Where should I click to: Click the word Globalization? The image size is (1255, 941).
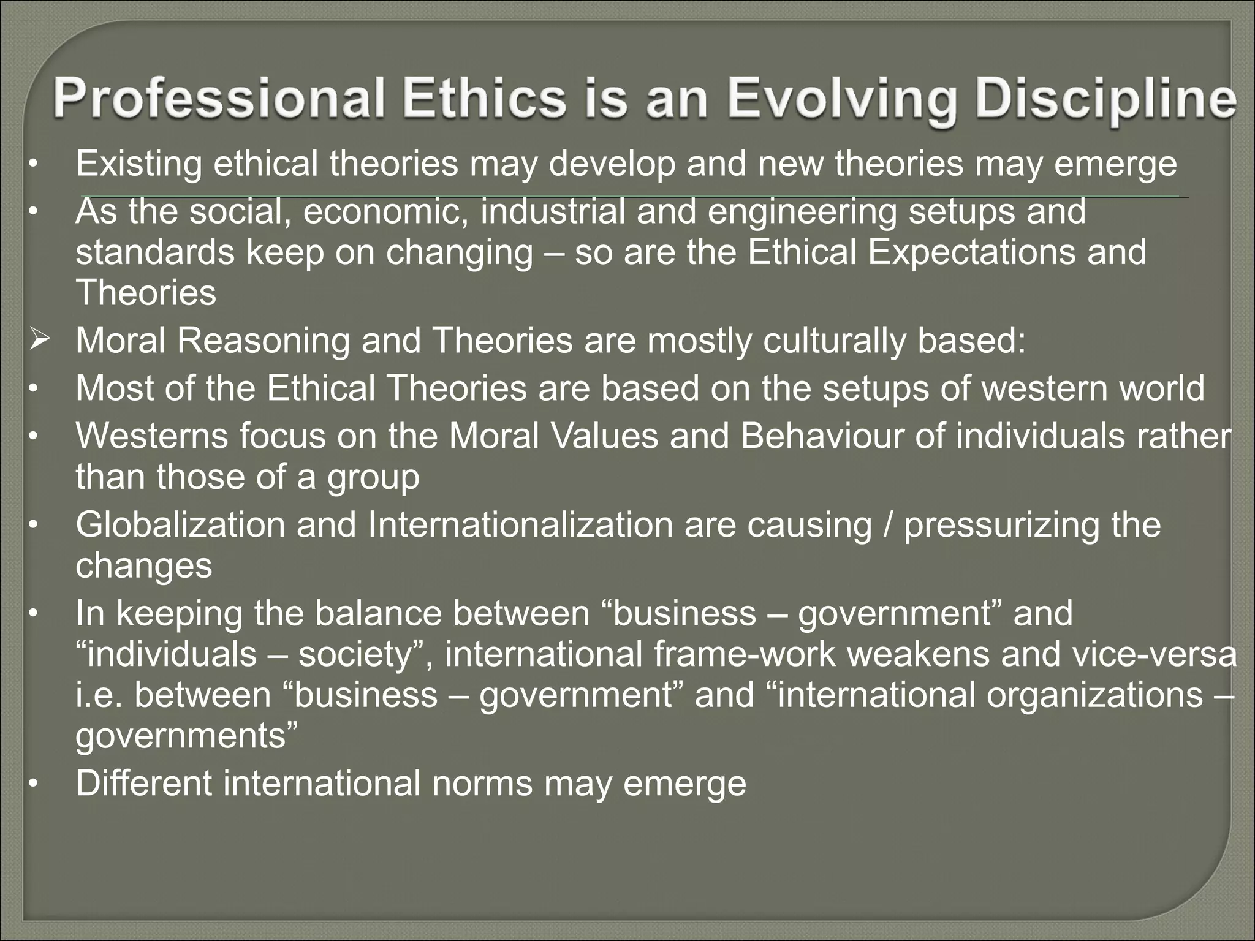[180, 524]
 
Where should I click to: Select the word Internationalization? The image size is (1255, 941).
[520, 524]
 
